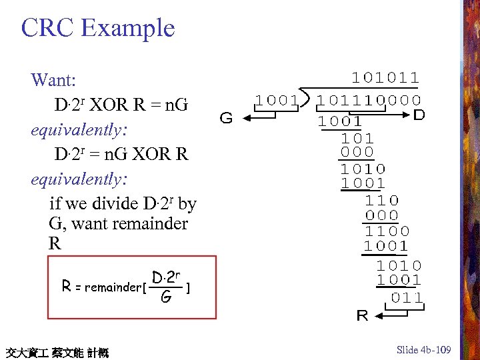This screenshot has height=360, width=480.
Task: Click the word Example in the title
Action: point(127,29)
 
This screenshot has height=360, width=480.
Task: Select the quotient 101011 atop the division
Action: point(386,78)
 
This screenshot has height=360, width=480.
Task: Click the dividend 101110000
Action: point(369,101)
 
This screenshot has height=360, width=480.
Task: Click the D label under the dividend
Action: point(419,115)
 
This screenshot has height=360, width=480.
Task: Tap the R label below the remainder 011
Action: point(362,315)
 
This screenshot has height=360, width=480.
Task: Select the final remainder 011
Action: point(407,297)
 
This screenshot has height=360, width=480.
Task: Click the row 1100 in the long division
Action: point(387,231)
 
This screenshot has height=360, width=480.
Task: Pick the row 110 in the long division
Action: point(383,199)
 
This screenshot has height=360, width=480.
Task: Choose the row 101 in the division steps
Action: point(357,139)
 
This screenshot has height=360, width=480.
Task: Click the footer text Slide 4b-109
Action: point(424,350)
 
